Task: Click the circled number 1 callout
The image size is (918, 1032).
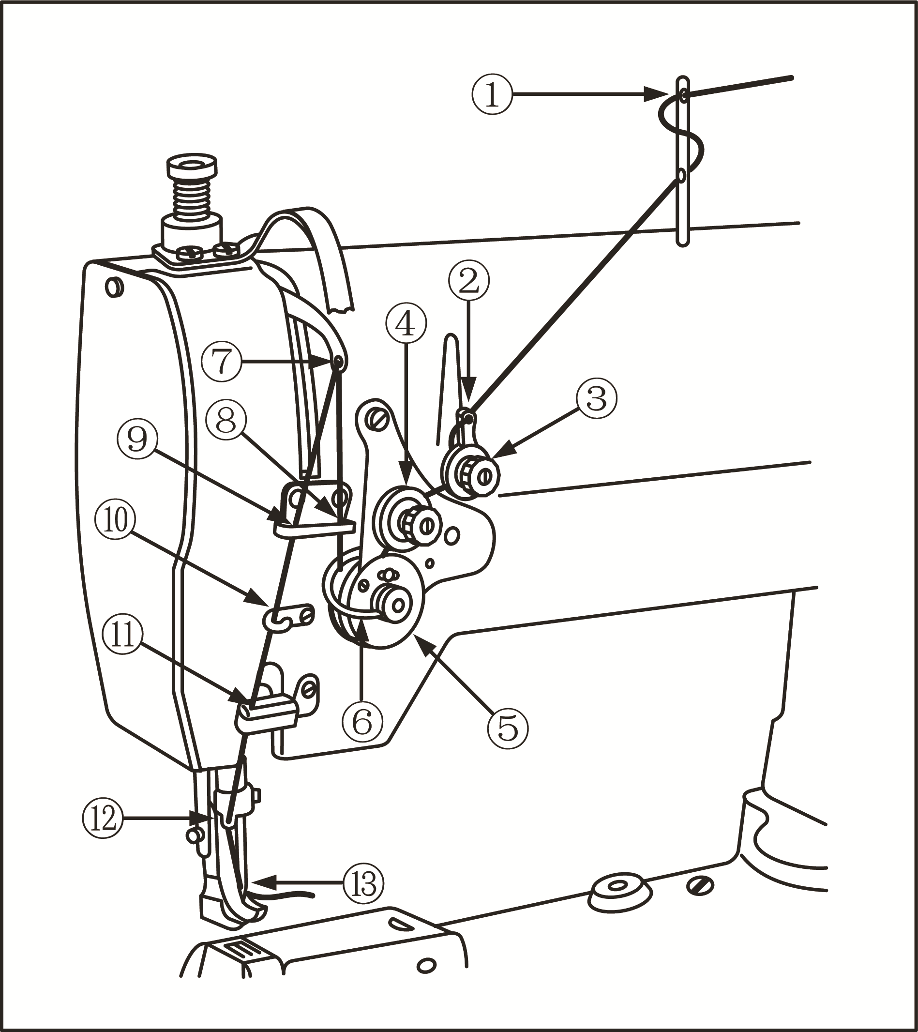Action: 492,94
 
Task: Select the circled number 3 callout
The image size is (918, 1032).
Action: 597,399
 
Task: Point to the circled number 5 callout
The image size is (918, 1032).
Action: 508,728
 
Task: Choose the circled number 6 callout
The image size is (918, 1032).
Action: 362,723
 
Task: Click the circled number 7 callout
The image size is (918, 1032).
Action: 221,361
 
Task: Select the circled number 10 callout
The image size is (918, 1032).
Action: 115,520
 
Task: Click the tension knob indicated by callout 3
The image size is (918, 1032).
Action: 478,474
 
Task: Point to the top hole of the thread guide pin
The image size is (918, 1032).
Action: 683,95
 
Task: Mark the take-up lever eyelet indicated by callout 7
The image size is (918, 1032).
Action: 338,361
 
